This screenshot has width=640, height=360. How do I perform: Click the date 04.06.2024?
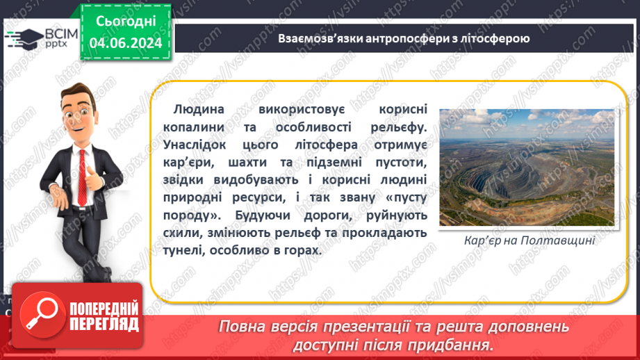click(x=125, y=42)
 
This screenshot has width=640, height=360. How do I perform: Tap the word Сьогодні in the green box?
click(x=125, y=21)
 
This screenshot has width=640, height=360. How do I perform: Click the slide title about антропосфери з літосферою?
click(x=404, y=39)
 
